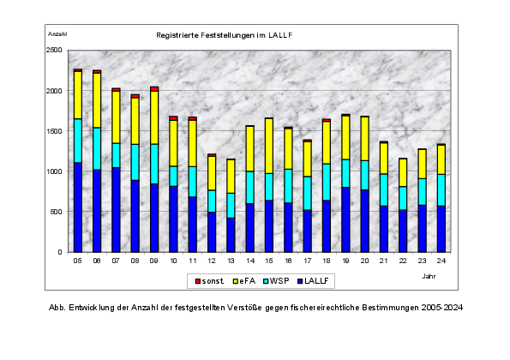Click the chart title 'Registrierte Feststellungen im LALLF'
pyautogui.click(x=225, y=35)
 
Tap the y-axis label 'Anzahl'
pyautogui.click(x=57, y=34)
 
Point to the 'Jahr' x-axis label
pyautogui.click(x=429, y=276)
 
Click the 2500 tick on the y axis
pyautogui.click(x=54, y=50)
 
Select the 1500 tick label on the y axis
pyautogui.click(x=54, y=131)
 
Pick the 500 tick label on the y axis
pyautogui.click(x=56, y=212)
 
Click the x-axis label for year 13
pyautogui.click(x=231, y=261)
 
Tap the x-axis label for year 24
pyautogui.click(x=441, y=261)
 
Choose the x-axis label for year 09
pyautogui.click(x=154, y=261)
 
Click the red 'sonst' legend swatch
pyautogui.click(x=198, y=281)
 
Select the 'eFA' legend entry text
pyautogui.click(x=248, y=281)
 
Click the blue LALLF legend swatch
pyautogui.click(x=300, y=281)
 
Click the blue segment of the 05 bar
pyautogui.click(x=78, y=207)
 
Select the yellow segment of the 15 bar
pyautogui.click(x=269, y=146)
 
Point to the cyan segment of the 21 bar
pyautogui.click(x=384, y=190)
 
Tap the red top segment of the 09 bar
pyautogui.click(x=154, y=89)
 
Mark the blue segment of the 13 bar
pyautogui.click(x=231, y=235)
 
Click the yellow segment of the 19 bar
pyautogui.click(x=345, y=137)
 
